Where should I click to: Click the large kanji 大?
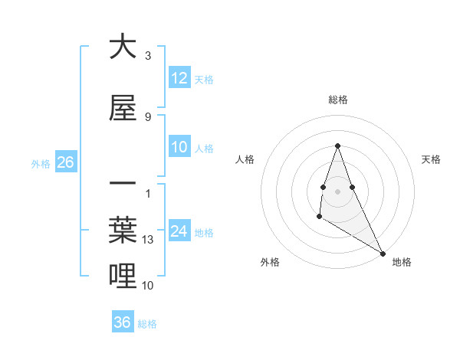[123, 47]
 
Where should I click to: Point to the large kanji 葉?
[123, 231]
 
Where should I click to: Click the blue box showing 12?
[179, 78]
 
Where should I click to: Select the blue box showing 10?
[179, 148]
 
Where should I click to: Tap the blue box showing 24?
[179, 231]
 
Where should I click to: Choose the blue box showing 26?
[65, 162]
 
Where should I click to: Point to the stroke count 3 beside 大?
[148, 55]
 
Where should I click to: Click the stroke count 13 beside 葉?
[149, 240]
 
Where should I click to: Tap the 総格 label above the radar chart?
[338, 100]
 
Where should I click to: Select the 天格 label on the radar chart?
[431, 159]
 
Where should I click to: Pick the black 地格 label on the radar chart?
[402, 262]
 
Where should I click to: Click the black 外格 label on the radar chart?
[270, 262]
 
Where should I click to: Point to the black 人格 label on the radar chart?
[245, 159]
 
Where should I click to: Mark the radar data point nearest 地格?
[383, 254]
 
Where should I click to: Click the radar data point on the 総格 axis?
[337, 146]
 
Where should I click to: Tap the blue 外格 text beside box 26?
[41, 163]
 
